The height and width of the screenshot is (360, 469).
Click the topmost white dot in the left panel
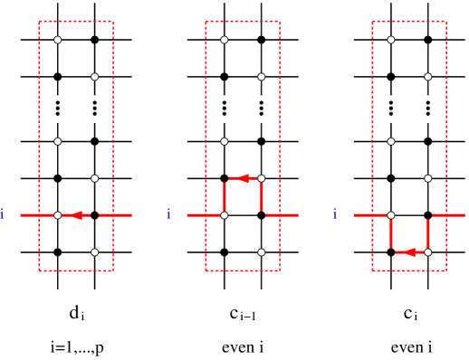58,40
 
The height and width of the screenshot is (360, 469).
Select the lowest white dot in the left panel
94,252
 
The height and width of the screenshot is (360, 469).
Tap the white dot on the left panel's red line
58,215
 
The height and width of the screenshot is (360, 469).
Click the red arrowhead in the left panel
78,215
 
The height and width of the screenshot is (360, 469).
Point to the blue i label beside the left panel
3,214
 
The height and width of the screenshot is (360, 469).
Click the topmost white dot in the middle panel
225,40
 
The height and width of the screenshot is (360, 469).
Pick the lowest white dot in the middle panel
262,252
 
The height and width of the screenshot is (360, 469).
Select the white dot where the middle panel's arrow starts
262,178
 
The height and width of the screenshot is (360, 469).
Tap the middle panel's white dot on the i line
225,215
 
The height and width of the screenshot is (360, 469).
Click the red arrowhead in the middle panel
243,178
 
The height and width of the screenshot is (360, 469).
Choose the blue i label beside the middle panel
169,214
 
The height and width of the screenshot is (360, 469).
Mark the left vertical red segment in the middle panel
225,196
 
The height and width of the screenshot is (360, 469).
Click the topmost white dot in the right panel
391,40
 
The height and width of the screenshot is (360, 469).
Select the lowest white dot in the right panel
428,252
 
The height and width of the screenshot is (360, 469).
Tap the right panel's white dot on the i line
391,215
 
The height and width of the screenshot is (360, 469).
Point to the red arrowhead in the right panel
410,252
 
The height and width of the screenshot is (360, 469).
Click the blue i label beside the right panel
336,214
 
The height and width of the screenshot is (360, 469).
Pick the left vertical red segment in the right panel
391,233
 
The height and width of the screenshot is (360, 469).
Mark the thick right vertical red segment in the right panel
428,232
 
